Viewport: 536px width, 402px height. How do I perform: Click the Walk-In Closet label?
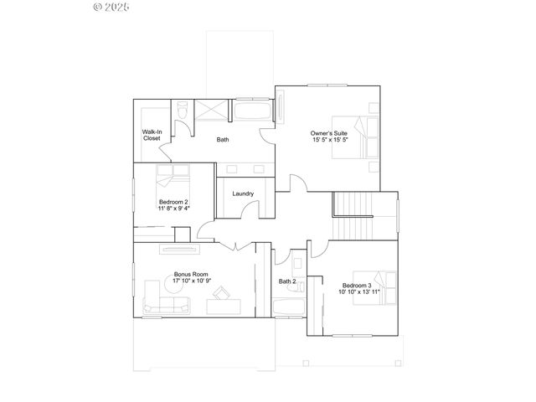click(x=152, y=135)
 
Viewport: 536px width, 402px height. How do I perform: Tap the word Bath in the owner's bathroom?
click(x=223, y=140)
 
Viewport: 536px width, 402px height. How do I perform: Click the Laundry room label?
click(x=244, y=194)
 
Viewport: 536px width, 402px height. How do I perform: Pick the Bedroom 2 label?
click(x=173, y=201)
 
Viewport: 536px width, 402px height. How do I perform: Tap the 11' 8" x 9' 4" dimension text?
click(x=173, y=208)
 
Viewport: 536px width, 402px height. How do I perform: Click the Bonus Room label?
click(x=191, y=275)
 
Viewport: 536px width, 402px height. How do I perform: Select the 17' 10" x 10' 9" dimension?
click(x=191, y=281)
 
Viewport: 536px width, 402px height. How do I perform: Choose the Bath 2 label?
click(x=287, y=281)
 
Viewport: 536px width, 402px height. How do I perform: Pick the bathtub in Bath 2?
click(x=289, y=307)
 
